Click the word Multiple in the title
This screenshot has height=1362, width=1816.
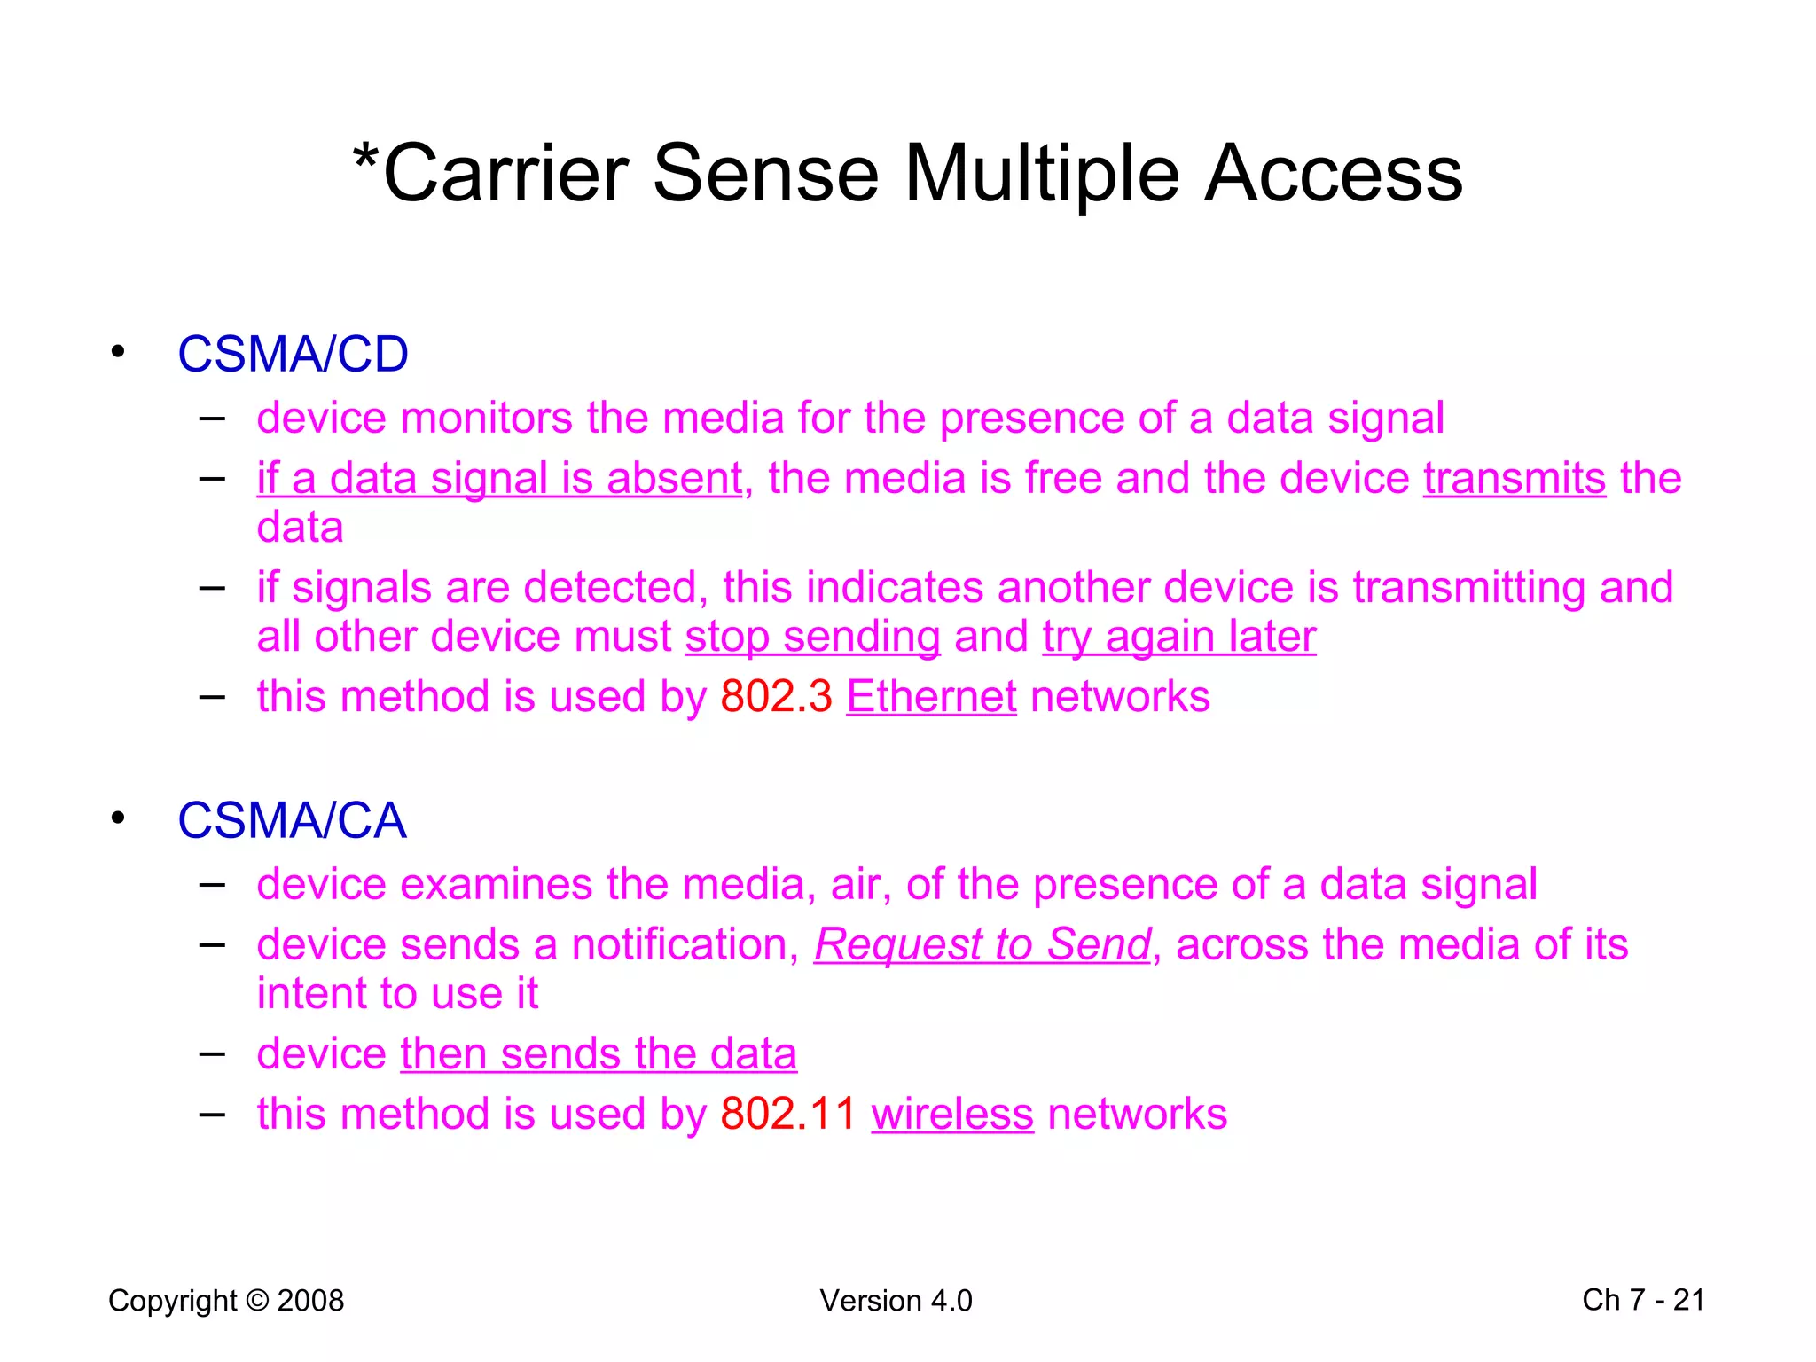[1042, 174]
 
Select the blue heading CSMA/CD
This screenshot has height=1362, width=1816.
[293, 355]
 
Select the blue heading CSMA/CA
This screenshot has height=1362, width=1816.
[292, 820]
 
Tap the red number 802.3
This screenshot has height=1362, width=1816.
[776, 697]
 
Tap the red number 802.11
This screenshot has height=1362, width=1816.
[788, 1114]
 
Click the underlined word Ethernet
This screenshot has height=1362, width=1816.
[931, 697]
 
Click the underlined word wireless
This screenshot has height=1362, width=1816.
[952, 1115]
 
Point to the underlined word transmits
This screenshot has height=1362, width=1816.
[1515, 479]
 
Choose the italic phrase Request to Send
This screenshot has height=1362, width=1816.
[982, 944]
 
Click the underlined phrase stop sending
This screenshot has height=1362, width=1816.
[812, 637]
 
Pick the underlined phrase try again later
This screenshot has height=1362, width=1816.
[1178, 637]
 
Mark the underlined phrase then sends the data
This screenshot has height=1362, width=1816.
[599, 1054]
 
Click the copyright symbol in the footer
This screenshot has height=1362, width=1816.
[257, 1301]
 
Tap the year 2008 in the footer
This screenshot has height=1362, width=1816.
[310, 1301]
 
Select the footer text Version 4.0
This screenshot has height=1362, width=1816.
[896, 1301]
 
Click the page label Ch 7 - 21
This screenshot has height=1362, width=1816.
[1643, 1300]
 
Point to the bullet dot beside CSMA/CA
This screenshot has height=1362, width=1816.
[118, 818]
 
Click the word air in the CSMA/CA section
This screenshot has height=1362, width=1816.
[859, 885]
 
